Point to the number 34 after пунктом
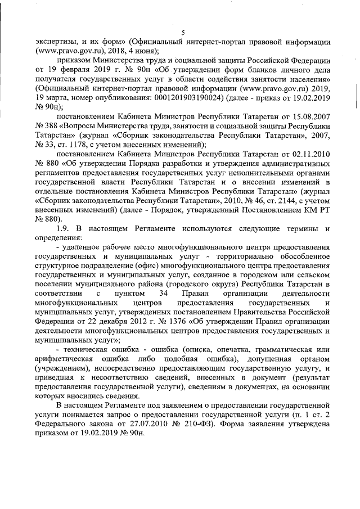tap(163, 294)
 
